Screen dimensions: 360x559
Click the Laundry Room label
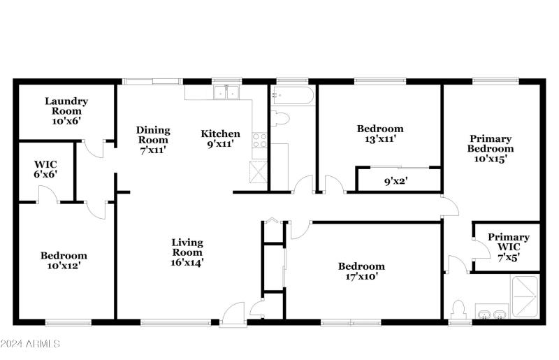pyautogui.click(x=67, y=110)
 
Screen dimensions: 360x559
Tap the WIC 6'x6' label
pyautogui.click(x=45, y=169)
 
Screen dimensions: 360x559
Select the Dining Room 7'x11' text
pyautogui.click(x=153, y=139)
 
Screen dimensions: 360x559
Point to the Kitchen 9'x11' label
pyautogui.click(x=220, y=138)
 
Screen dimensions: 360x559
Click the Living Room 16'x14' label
pyautogui.click(x=187, y=252)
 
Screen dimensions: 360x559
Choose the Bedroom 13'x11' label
pyautogui.click(x=380, y=134)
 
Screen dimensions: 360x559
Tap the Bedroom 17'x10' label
pyautogui.click(x=361, y=271)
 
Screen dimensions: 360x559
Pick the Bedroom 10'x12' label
pyautogui.click(x=64, y=261)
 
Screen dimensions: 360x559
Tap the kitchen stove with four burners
pyautogui.click(x=259, y=140)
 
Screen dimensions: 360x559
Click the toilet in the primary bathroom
pyautogui.click(x=459, y=308)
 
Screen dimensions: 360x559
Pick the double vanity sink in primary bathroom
pyautogui.click(x=493, y=312)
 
